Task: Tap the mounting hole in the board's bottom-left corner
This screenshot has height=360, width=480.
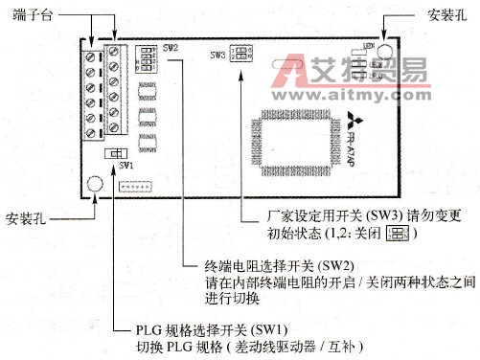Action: click(95, 183)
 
